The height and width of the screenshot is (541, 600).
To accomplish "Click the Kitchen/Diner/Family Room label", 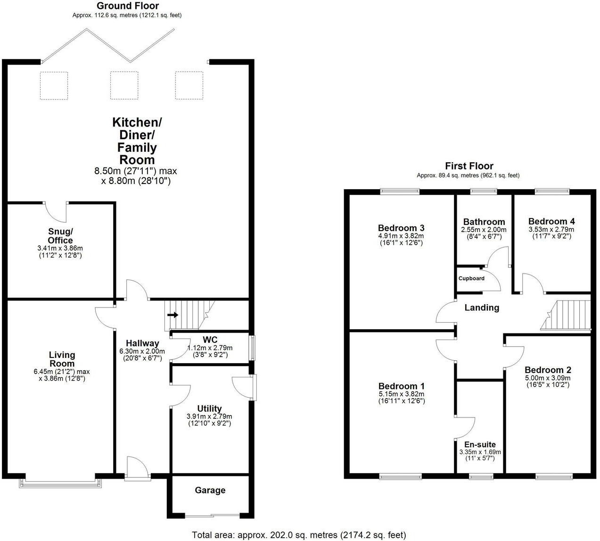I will pos(137,141).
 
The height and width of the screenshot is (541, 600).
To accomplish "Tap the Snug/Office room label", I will pos(60,236).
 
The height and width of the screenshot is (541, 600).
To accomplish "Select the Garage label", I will pos(210,491).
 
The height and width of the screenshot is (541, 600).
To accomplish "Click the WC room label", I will pos(210,340).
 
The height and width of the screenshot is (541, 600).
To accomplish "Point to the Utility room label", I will pos(210,408).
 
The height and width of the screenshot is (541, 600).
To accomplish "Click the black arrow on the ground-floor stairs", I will pos(173,315).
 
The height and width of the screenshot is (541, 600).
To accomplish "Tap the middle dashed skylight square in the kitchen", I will pos(124,85).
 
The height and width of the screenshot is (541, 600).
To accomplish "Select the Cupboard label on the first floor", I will pos(471,278).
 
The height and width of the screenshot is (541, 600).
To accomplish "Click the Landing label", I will pos(482,308).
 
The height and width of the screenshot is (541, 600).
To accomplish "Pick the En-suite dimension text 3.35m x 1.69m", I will pos(480,452).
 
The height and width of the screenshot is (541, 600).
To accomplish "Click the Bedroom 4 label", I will pos(551,221).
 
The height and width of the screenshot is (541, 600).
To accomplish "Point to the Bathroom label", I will pos(484,222).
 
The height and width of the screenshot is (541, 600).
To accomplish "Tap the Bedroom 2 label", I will pos(548,370).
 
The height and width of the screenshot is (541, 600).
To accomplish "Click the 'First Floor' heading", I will pos(469,166).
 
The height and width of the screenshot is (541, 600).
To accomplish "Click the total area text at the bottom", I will pos(298,535).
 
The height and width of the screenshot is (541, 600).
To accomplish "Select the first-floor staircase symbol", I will pos(566,315).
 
